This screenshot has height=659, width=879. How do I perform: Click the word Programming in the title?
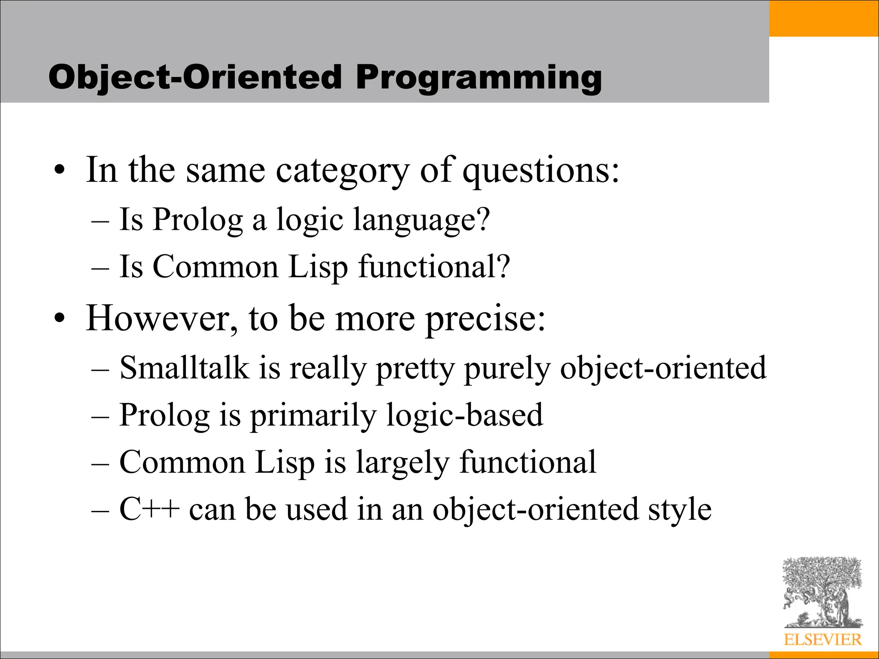coord(478,78)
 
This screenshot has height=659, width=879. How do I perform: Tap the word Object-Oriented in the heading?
coord(195,78)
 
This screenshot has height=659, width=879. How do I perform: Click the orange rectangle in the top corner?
coord(824,18)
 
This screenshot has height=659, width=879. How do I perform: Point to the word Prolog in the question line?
coord(198,220)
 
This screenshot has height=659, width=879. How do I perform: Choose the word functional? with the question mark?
coord(434,267)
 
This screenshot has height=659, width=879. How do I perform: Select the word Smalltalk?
coord(184,368)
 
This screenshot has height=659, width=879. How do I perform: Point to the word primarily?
coord(313,416)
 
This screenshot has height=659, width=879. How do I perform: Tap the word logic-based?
coord(464,416)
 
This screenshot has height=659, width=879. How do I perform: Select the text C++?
coord(149,509)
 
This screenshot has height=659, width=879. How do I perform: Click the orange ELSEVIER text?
coord(822,640)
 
